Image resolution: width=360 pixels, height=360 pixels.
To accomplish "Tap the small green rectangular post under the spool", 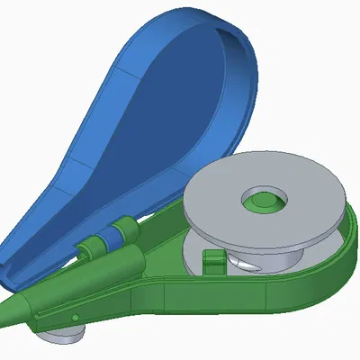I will click(x=212, y=261).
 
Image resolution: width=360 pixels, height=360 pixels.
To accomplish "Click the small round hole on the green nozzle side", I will click(x=75, y=317).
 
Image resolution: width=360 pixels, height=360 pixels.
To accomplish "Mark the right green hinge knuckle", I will click(x=126, y=229).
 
